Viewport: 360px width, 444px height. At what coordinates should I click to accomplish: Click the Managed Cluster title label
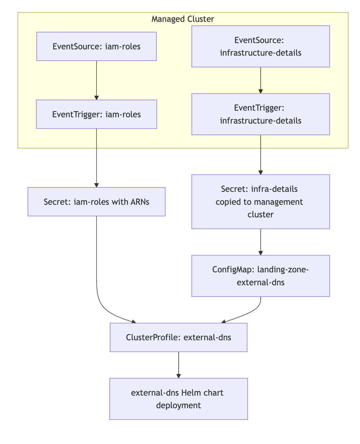[x=183, y=19]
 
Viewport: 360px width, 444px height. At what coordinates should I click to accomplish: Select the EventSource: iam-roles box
[x=96, y=46]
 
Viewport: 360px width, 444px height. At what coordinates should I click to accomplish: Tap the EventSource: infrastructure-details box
[x=261, y=46]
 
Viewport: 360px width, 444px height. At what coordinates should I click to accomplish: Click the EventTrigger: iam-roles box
[x=96, y=114]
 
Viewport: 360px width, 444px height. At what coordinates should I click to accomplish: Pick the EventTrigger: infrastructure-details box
[x=261, y=114]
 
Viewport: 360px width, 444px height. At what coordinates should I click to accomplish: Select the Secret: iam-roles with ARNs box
[x=96, y=202]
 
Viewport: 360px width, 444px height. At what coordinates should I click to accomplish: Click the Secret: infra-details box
[x=261, y=202]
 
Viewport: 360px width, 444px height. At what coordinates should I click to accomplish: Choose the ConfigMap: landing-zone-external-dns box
[x=261, y=276]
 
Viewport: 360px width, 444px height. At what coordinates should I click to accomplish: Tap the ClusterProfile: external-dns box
[x=179, y=337]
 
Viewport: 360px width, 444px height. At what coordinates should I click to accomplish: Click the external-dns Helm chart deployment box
[x=179, y=399]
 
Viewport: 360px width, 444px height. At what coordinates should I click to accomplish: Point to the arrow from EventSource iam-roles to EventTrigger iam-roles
[x=96, y=80]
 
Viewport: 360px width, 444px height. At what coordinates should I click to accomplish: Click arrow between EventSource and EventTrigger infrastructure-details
[x=261, y=80]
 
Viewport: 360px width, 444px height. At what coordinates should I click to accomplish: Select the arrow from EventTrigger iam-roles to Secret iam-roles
[x=96, y=158]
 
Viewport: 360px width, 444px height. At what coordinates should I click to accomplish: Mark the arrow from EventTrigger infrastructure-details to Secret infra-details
[x=261, y=154]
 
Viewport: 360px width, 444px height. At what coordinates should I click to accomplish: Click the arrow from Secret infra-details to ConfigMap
[x=261, y=242]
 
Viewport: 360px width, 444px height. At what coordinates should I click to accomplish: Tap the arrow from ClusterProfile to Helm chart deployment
[x=179, y=365]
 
